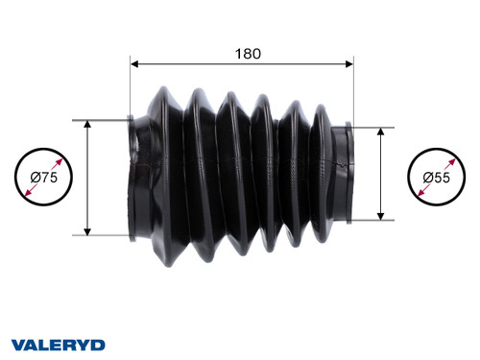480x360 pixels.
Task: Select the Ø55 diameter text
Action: tap(437, 178)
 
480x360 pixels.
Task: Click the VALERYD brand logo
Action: tap(58, 344)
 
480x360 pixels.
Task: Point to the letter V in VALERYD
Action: tap(17, 344)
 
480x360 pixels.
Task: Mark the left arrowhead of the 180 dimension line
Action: tap(134, 65)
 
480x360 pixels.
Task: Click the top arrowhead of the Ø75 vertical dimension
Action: tap(87, 125)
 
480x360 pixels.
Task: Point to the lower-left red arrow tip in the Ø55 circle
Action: tap(418, 197)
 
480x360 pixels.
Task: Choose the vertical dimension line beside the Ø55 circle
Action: tap(382, 173)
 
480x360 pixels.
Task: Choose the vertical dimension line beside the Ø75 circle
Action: tap(87, 178)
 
